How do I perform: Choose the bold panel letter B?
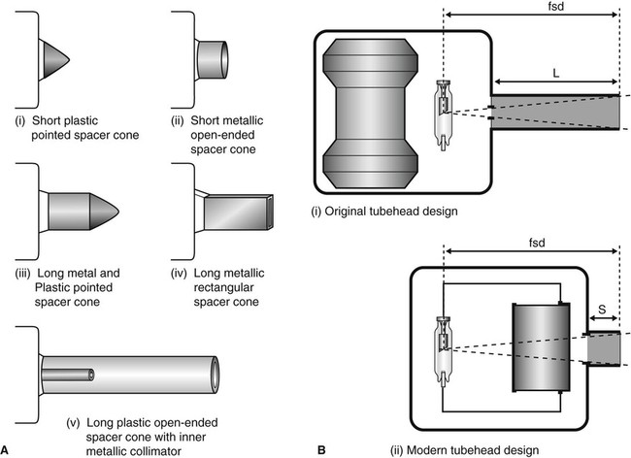(x=322, y=448)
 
